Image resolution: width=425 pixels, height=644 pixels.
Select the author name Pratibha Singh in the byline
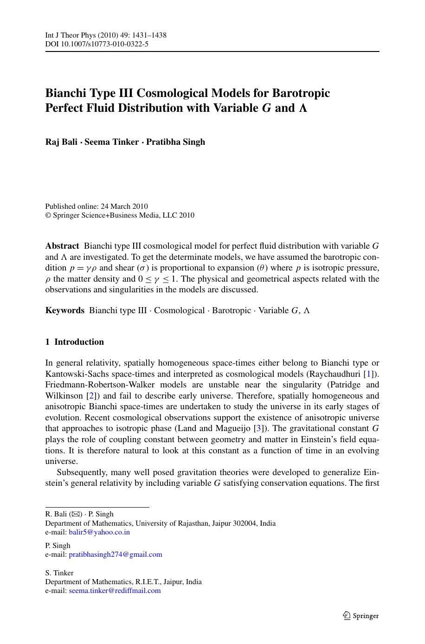[x=175, y=142]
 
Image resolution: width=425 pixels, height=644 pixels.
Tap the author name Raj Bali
[x=61, y=142]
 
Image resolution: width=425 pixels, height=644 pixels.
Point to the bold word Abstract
[x=62, y=246]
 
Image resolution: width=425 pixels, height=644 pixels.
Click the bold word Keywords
[x=65, y=310]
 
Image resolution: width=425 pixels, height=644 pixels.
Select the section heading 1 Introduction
[x=75, y=342]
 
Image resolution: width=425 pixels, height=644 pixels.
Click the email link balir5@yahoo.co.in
[x=99, y=532]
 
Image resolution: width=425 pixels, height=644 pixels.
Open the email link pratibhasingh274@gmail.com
[x=116, y=554]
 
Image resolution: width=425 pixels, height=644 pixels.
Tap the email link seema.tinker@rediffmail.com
[x=115, y=591]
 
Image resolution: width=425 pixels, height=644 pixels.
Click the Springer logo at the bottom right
[x=361, y=616]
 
